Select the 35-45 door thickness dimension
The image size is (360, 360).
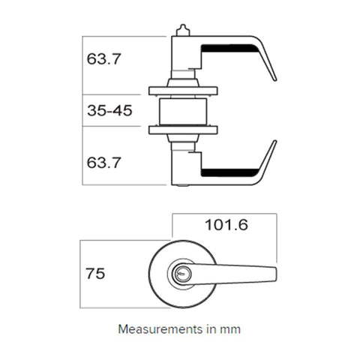tap(109, 111)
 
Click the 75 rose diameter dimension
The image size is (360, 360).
tap(95, 274)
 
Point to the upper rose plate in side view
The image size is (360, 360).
tap(184, 91)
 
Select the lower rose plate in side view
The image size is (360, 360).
tap(184, 130)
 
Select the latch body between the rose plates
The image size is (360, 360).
tap(184, 111)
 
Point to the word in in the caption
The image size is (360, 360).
tap(214, 328)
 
